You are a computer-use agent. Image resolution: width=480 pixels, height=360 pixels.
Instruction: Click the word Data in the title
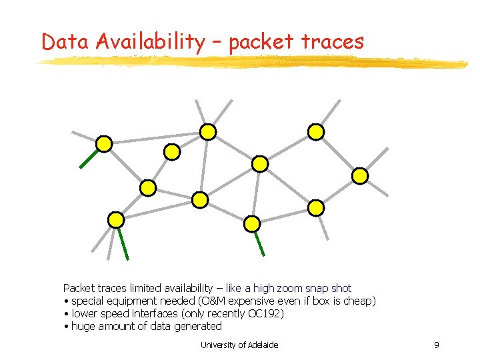point(65,41)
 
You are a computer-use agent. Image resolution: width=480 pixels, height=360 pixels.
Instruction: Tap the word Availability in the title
point(150,41)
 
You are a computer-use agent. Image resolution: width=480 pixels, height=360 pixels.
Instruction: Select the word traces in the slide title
point(333,41)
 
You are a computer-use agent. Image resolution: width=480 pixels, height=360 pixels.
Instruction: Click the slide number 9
point(436,345)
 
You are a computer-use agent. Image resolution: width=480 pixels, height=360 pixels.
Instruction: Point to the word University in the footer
point(219,345)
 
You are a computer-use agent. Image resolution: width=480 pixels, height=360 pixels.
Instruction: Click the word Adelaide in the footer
point(263,345)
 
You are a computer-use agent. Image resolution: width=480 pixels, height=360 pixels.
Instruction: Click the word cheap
point(359,301)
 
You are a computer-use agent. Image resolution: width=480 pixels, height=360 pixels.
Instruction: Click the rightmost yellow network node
point(359,176)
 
